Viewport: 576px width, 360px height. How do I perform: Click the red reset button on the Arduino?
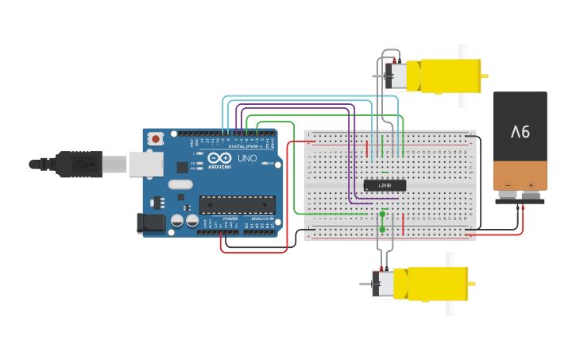pyautogui.click(x=156, y=139)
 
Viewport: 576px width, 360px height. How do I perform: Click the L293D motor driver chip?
pyautogui.click(x=385, y=185)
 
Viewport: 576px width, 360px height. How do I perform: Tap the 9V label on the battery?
pyautogui.click(x=520, y=131)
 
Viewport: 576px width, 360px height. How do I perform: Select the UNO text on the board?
pyautogui.click(x=248, y=159)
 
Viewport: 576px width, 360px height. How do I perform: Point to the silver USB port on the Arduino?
pyautogui.click(x=146, y=164)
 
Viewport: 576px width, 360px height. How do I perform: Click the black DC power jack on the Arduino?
pyautogui.click(x=151, y=223)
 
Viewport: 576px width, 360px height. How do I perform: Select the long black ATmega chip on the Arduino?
pyautogui.click(x=237, y=204)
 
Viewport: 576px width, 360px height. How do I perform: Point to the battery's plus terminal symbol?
pyautogui.click(x=531, y=185)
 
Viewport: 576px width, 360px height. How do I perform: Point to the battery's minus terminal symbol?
pyautogui.click(x=508, y=185)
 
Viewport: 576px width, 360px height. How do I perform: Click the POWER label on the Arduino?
pyautogui.click(x=230, y=218)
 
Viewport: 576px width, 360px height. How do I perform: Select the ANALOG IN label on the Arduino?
pyautogui.click(x=261, y=218)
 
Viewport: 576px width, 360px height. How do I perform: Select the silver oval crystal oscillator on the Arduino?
pyautogui.click(x=180, y=184)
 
